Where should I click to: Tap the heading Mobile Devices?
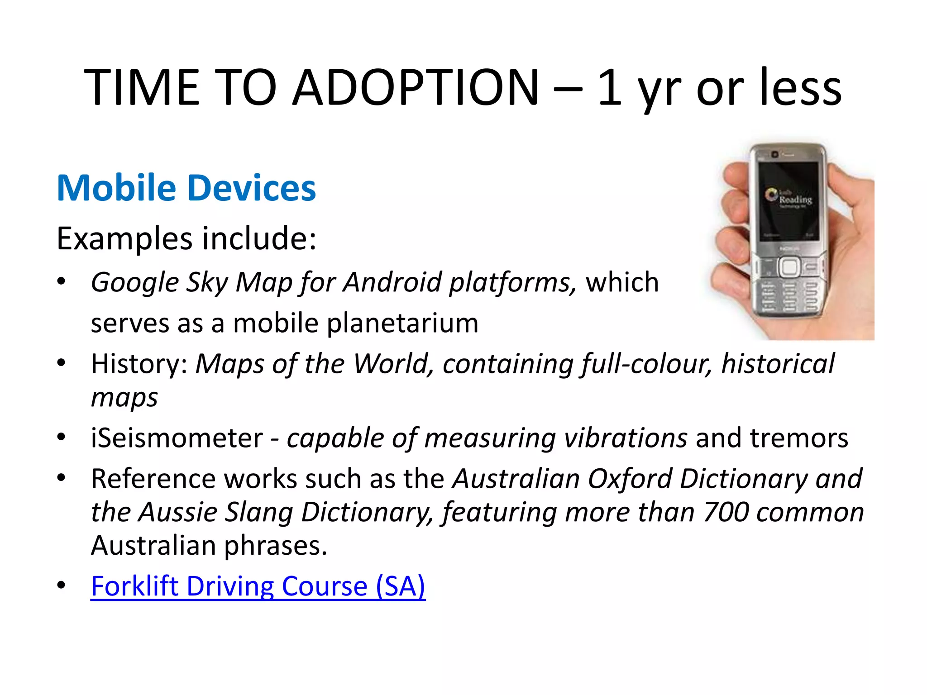186,188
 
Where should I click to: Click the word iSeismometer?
177,438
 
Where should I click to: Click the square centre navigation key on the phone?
789,267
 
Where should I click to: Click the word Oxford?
630,479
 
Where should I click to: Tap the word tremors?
798,438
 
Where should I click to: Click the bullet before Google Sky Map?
61,281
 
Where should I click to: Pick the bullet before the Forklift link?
61,585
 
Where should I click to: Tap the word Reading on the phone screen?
795,199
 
